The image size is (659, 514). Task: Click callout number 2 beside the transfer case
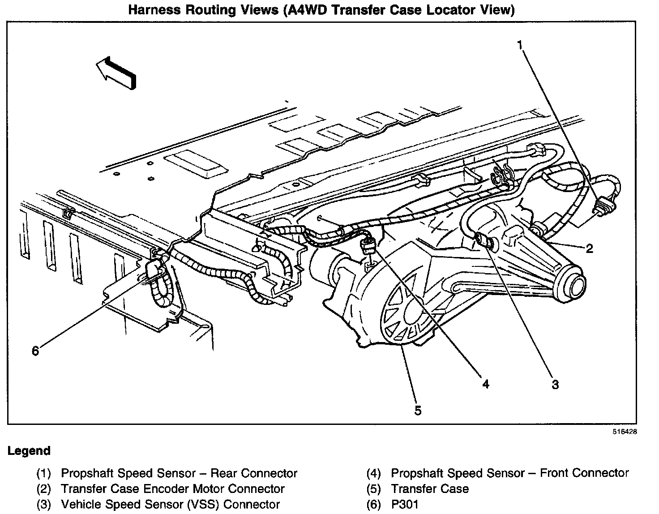[x=589, y=248]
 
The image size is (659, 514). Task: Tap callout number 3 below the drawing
[x=555, y=384]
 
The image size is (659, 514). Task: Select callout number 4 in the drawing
[x=485, y=383]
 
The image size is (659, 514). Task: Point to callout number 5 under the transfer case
[x=417, y=410]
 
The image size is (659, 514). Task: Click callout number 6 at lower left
[x=35, y=351]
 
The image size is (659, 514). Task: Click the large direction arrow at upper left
[x=116, y=72]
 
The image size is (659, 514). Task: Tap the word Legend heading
[x=29, y=451]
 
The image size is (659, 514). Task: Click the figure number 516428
[x=625, y=432]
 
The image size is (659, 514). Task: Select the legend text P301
[x=405, y=505]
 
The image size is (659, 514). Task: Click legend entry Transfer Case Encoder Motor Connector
[x=172, y=489]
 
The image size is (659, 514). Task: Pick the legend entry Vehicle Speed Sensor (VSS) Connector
[x=170, y=505]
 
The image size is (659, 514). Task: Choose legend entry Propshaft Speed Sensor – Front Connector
[x=509, y=473]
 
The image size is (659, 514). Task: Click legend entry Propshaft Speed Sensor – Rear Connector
[x=179, y=473]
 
